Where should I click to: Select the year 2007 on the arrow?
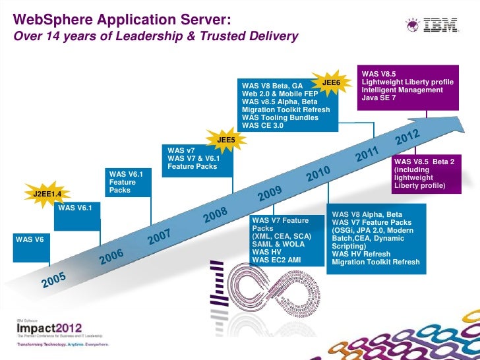pos(160,235)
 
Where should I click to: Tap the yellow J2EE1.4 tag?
pos(47,194)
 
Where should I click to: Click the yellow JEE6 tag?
pos(331,82)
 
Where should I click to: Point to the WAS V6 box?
pos(29,239)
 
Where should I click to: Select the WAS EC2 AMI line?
pos(276,260)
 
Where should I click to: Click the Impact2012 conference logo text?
pos(49,327)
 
